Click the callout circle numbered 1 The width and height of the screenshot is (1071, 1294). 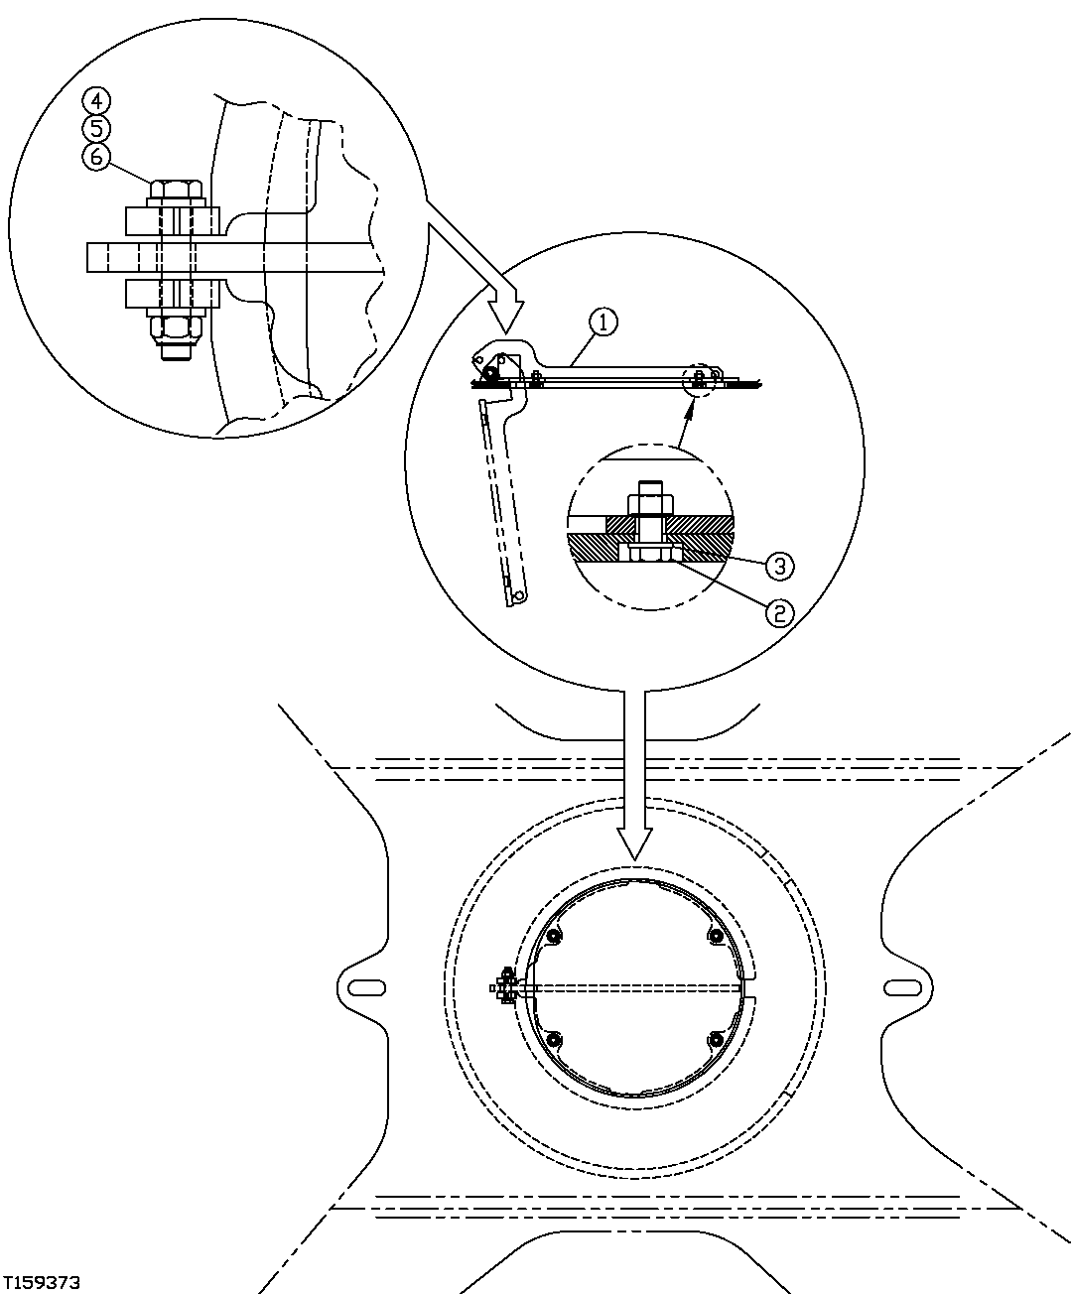(x=602, y=321)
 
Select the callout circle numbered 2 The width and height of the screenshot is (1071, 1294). (x=777, y=612)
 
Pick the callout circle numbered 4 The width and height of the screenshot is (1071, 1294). (x=97, y=99)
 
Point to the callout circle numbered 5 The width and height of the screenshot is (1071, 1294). (x=97, y=128)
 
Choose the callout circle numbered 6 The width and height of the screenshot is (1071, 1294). (x=97, y=157)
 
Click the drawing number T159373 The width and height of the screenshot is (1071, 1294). (x=41, y=1282)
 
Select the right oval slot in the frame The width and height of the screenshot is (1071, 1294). (x=901, y=986)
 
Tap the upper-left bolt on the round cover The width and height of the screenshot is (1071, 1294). (x=554, y=936)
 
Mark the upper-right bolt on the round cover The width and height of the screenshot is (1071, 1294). (x=715, y=936)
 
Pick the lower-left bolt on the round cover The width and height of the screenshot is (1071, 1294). (x=554, y=1039)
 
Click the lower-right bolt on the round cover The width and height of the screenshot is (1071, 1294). (x=715, y=1039)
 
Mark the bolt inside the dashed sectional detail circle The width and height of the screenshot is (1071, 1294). (x=649, y=526)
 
